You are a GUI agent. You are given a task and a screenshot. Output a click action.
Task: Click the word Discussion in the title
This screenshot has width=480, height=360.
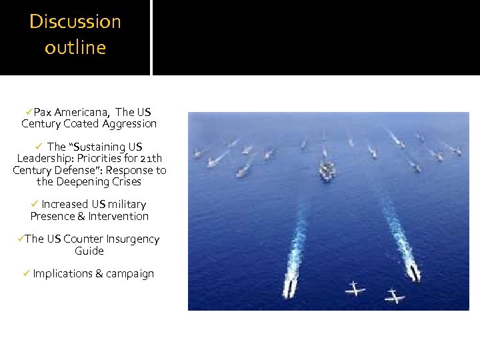(x=75, y=21)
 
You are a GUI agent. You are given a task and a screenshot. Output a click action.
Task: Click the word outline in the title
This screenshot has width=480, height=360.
(x=75, y=48)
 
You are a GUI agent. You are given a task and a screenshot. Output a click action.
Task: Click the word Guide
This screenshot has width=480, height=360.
(x=89, y=251)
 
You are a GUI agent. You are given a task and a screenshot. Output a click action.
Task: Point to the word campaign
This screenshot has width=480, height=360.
(x=130, y=274)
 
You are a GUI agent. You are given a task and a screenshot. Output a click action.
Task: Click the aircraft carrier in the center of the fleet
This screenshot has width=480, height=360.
(x=327, y=172)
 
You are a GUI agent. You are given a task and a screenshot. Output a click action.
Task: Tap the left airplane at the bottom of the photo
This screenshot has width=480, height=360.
(x=355, y=289)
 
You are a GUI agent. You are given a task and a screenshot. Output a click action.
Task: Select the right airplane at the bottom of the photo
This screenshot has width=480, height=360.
(x=394, y=294)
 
